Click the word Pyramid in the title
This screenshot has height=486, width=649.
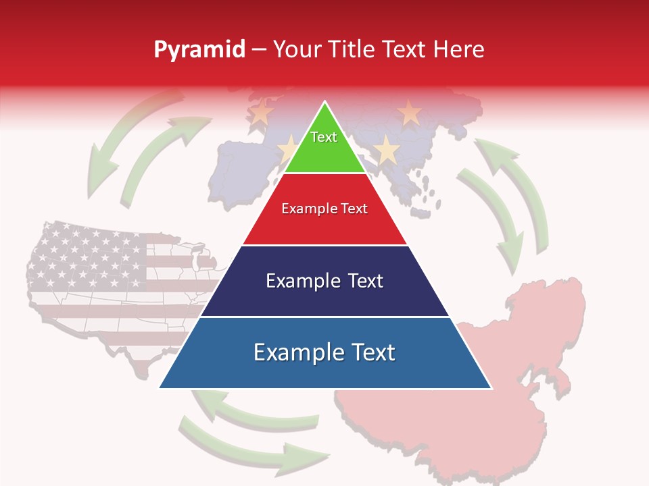point(199,50)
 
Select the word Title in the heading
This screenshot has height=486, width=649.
point(354,49)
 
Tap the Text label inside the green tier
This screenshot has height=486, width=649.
point(324,137)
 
